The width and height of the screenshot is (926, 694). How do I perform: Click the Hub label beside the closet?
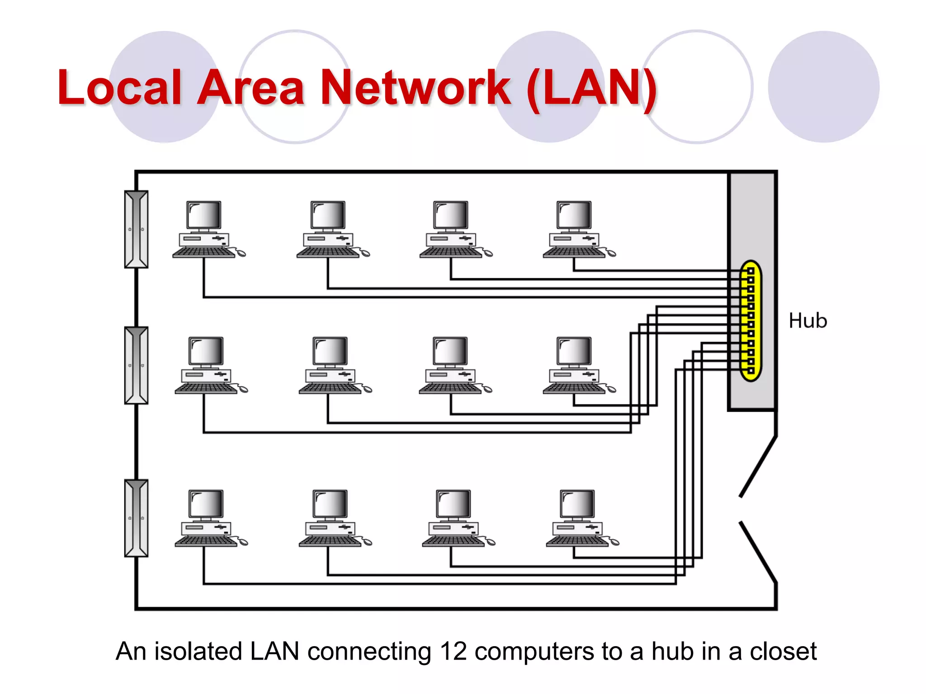click(x=808, y=321)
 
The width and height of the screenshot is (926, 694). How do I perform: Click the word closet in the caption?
click(x=783, y=652)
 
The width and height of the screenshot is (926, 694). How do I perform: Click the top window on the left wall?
click(x=136, y=230)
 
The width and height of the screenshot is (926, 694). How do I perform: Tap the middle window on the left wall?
click(x=136, y=365)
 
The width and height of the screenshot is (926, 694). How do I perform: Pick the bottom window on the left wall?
click(x=136, y=518)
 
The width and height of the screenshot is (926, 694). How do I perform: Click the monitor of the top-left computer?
click(x=204, y=215)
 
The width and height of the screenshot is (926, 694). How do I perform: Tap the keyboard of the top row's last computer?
click(x=573, y=252)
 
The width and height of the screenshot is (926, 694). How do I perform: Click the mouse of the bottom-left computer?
click(x=243, y=542)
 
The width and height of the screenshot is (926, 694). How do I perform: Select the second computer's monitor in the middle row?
click(x=330, y=351)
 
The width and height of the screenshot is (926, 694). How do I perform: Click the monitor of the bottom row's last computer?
click(x=577, y=503)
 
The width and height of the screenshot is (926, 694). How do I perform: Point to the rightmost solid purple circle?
click(x=823, y=87)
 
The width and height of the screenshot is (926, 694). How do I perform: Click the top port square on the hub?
click(x=751, y=271)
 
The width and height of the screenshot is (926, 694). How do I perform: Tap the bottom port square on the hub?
click(x=751, y=370)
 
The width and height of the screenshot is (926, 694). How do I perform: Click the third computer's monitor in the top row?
click(x=450, y=215)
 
